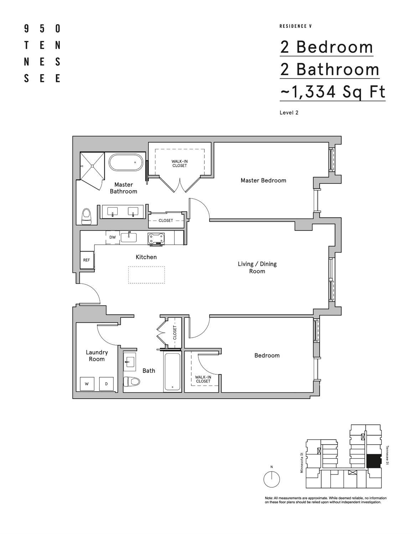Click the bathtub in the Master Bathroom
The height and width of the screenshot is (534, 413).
127,162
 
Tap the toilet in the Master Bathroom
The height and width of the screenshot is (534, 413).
86,217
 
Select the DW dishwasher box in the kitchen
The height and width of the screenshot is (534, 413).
113,237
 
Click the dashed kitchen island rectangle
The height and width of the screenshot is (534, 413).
146,275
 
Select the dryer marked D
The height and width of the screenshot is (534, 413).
106,384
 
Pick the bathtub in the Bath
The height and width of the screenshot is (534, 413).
172,372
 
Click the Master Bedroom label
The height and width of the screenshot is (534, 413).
263,181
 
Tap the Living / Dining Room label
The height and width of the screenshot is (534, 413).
257,268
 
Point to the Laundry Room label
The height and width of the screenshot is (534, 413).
97,356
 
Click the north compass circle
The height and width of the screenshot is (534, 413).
272,479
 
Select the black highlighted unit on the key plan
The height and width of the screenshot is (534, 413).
373,461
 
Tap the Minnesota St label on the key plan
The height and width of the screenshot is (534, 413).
301,462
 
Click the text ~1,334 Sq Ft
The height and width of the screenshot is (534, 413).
332,92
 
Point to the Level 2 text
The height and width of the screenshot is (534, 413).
289,113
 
